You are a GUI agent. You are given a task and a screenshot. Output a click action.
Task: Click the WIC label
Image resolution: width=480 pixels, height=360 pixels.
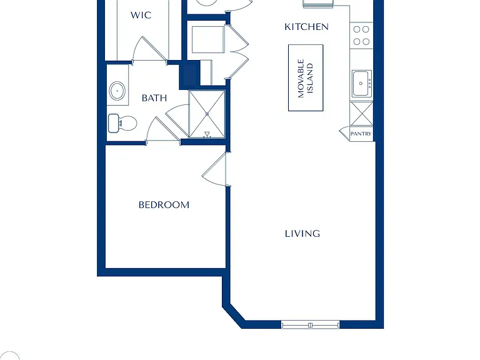[141, 15]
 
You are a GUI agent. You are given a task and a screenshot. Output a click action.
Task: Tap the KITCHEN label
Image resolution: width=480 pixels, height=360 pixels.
[306, 27]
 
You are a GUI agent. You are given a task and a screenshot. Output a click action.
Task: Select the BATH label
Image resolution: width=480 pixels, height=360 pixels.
[154, 98]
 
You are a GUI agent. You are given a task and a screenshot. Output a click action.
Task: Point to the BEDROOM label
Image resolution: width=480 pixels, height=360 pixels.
[164, 205]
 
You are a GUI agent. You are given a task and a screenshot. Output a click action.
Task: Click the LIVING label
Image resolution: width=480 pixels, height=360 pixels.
[302, 234]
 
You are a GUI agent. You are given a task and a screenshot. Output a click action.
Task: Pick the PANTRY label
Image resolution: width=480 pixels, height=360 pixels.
[361, 134]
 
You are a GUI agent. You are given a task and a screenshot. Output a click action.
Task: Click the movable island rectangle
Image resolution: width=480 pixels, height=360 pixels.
[306, 77]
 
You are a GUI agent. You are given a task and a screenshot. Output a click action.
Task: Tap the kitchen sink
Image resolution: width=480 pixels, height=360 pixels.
[361, 84]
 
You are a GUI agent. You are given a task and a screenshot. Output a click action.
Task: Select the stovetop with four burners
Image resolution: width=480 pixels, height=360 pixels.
[361, 36]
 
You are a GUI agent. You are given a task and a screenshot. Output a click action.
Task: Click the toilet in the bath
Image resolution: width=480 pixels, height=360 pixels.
[122, 123]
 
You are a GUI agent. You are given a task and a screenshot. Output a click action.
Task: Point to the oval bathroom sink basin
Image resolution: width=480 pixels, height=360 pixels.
[117, 91]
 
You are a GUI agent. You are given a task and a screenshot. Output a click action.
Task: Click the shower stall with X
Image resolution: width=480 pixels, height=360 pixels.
[207, 114]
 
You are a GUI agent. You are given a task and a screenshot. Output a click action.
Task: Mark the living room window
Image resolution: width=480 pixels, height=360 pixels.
[311, 325]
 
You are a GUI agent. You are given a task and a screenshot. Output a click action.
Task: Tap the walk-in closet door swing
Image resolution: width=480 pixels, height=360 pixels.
[149, 49]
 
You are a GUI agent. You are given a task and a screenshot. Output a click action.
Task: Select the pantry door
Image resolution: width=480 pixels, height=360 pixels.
[344, 133]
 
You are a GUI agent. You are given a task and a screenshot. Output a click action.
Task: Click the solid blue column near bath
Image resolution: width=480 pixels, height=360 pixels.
[189, 75]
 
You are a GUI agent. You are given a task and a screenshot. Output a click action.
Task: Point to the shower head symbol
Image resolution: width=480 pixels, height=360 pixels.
[207, 134]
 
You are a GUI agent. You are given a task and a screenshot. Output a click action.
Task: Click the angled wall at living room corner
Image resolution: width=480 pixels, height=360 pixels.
[235, 315]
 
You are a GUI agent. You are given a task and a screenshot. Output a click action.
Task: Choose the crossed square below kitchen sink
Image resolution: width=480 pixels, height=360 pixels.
[361, 114]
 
